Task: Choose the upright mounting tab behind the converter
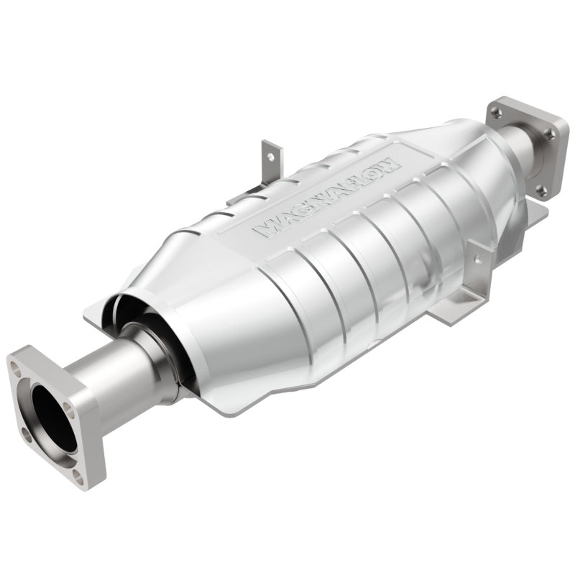[272, 162]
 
